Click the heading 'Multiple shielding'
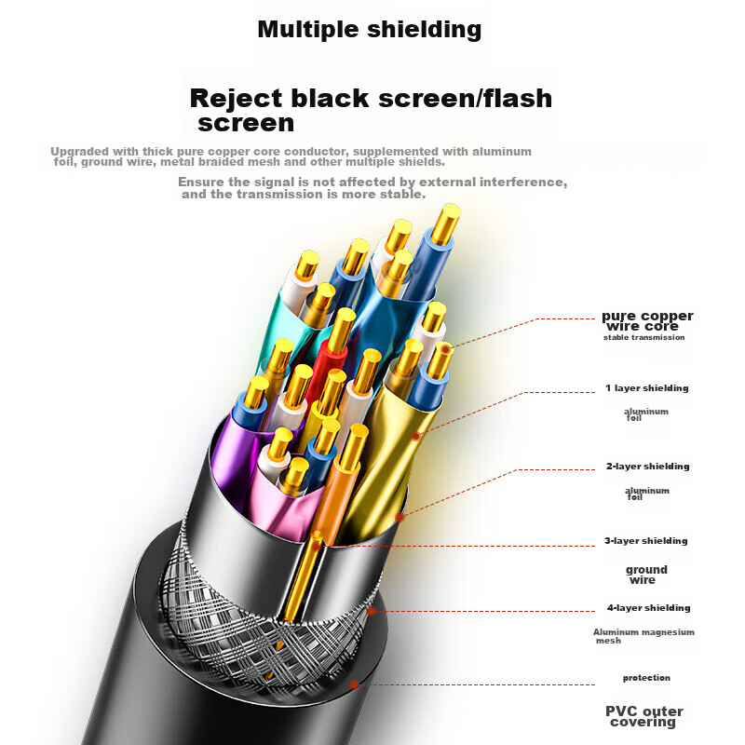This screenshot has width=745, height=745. [x=369, y=29]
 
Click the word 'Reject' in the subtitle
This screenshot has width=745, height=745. [x=237, y=98]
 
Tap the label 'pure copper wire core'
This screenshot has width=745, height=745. [x=646, y=321]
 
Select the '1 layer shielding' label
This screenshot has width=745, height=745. [x=646, y=388]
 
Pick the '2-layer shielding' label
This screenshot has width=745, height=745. [x=647, y=467]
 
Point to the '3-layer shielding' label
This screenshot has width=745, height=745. [x=646, y=541]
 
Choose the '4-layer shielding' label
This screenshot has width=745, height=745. [x=647, y=608]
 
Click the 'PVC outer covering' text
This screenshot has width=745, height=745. [x=642, y=716]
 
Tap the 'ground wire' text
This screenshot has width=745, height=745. [x=646, y=575]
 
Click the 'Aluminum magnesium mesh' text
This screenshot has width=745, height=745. [x=643, y=636]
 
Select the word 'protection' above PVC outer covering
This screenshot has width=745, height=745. [x=646, y=678]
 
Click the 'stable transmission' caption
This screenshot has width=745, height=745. [x=643, y=337]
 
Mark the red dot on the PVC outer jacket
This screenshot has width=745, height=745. [x=354, y=684]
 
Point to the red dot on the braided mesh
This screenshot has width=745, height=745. [x=372, y=612]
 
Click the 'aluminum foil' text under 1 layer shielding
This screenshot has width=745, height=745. [x=645, y=414]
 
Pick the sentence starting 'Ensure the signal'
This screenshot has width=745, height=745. [x=372, y=188]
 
